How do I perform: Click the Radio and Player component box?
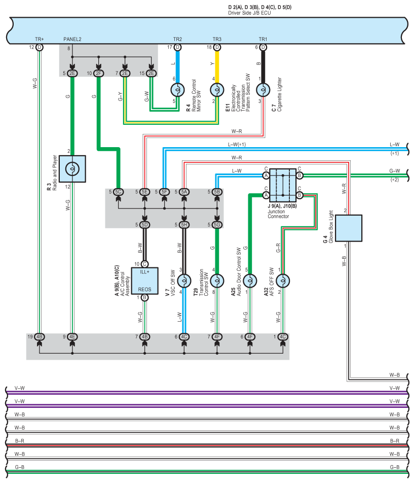click(72, 169)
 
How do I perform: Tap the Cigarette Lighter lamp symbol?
click(262, 90)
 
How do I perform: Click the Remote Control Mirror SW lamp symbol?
click(177, 90)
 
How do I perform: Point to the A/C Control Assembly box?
click(145, 280)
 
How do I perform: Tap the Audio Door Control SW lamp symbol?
click(249, 281)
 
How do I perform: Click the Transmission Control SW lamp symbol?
click(217, 281)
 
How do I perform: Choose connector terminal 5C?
click(118, 192)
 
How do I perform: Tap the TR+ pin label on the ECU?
click(39, 39)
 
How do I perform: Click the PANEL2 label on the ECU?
click(72, 39)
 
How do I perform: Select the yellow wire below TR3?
click(217, 65)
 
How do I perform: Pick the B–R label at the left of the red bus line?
click(20, 441)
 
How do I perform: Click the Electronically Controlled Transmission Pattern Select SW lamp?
click(217, 90)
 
